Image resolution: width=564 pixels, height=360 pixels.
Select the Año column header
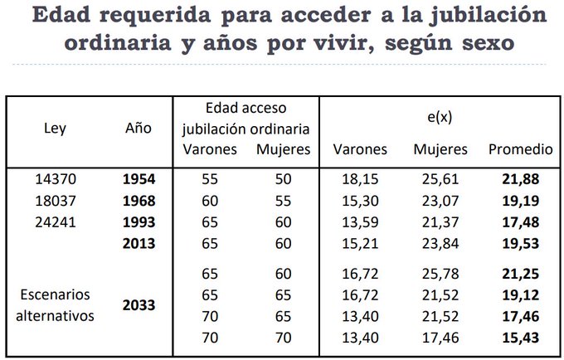coord(138,129)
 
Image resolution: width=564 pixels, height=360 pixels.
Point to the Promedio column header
coord(520,150)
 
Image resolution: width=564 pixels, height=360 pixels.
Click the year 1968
coord(138,201)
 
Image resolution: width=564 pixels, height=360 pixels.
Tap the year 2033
coord(138,305)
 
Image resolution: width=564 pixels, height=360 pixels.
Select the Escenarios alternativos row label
coord(57,305)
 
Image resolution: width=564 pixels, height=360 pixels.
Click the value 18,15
coord(359,179)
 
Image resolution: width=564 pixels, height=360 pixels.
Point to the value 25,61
coord(440,179)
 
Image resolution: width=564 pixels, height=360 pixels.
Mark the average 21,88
coord(520,179)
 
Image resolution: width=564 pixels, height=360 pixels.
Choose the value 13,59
coord(359,223)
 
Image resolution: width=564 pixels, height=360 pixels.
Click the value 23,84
coord(440,245)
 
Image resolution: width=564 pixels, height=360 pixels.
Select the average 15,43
coord(520,338)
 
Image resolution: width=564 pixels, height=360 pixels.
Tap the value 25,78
coord(440,273)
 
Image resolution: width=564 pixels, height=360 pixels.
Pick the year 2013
coord(138,245)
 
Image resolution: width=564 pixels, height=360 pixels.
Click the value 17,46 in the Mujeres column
coord(440,338)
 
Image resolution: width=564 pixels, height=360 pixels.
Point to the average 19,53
coord(520,245)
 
